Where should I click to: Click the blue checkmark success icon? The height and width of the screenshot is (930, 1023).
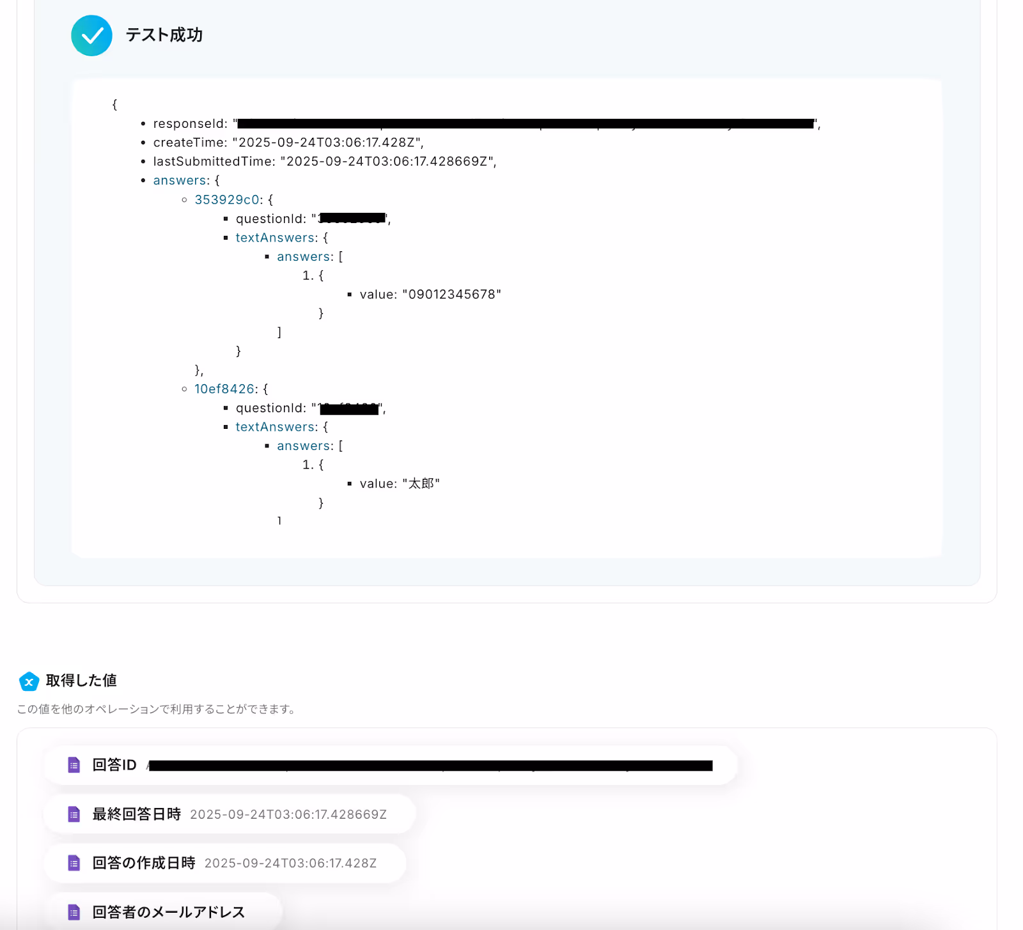click(91, 36)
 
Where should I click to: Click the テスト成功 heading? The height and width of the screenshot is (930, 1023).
click(164, 35)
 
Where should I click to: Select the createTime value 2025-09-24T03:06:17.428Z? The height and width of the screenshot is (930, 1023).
click(326, 143)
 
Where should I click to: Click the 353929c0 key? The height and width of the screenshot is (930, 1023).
click(226, 200)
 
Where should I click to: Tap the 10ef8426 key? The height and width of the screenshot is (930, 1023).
click(224, 389)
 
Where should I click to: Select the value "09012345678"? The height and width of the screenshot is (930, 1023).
click(451, 295)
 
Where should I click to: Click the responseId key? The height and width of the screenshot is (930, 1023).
click(189, 124)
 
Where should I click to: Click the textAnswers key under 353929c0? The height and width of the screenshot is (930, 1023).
click(276, 238)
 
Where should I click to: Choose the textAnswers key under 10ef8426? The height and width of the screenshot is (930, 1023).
click(276, 427)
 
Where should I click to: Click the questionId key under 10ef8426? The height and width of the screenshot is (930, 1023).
click(270, 408)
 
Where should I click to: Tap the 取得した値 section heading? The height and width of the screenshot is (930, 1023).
click(81, 681)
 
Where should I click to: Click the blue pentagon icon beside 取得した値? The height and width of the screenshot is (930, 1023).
click(29, 681)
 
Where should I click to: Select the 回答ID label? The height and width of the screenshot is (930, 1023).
click(114, 765)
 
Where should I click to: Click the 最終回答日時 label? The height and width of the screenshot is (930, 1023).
click(137, 814)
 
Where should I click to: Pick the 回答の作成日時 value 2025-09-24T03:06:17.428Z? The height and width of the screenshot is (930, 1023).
click(290, 864)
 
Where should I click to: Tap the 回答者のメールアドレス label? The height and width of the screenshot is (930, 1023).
click(169, 912)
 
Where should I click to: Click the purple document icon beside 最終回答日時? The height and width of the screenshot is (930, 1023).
click(74, 814)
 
